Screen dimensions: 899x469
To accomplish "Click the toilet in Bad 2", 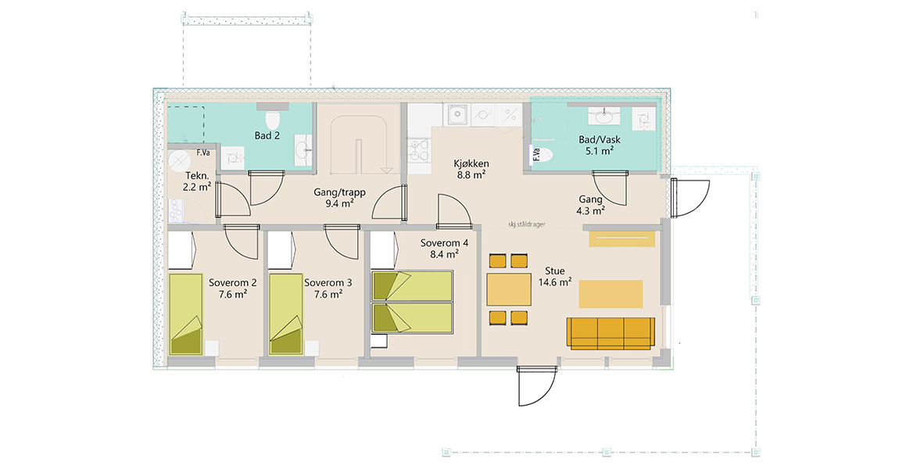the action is (272, 120).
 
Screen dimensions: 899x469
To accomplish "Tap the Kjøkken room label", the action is (471, 163).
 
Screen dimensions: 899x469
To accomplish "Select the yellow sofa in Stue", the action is (611, 333).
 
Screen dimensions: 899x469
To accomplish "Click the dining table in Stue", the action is (509, 289).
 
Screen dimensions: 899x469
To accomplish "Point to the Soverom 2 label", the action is (232, 283).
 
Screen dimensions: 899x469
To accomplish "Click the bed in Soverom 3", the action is (286, 314).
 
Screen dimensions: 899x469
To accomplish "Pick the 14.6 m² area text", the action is (555, 282).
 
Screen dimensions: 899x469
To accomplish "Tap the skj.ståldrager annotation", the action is (526, 225).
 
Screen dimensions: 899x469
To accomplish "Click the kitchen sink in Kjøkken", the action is (457, 115).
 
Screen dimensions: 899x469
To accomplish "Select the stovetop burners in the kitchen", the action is (419, 150).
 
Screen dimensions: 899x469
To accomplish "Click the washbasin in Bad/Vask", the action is (604, 117).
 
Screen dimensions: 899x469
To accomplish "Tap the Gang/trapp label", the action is (339, 192).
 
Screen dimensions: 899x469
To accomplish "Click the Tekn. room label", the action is (197, 175).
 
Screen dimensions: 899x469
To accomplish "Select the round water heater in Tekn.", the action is (179, 161).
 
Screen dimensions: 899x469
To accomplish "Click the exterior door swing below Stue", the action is (536, 386).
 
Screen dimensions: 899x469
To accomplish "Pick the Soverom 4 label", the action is (444, 243).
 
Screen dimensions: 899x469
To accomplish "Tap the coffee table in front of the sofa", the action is (611, 294).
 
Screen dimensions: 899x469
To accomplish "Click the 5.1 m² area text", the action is (600, 152).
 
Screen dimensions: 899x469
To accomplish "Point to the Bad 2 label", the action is (267, 136).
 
